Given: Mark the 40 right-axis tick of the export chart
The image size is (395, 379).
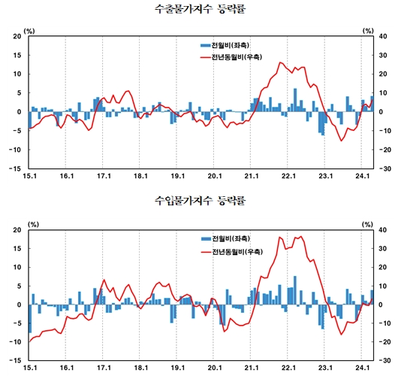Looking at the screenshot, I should tap(382, 36).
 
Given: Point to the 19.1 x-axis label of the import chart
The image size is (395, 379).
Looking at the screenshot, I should tap(177, 368).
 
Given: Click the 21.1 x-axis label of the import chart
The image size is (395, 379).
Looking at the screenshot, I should tap(251, 368).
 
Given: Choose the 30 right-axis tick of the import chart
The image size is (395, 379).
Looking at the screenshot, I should tap(382, 248).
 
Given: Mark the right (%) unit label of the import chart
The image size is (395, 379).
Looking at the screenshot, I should tap(368, 223).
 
